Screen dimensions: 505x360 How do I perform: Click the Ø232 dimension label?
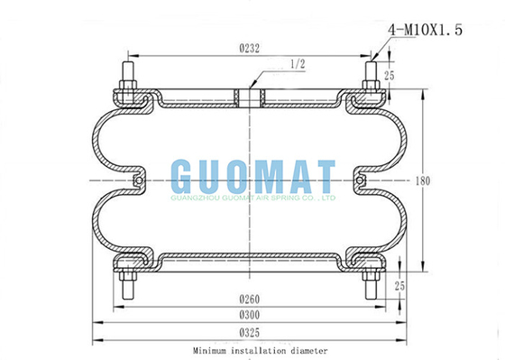[x=249, y=49]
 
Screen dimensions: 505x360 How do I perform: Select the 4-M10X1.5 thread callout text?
[x=425, y=30]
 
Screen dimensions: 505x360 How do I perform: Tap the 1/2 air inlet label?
[x=298, y=64]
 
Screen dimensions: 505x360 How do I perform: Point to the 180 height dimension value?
[x=423, y=181]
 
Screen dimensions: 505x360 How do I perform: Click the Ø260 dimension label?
[x=249, y=300]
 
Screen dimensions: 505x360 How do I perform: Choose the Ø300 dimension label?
[x=249, y=315]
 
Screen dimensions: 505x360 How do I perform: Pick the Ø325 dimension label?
[x=249, y=333]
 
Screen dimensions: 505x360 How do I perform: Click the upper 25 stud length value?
[x=389, y=76]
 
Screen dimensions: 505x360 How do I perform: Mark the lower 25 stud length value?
[x=399, y=286]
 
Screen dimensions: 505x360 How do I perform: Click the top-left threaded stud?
[x=128, y=76]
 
